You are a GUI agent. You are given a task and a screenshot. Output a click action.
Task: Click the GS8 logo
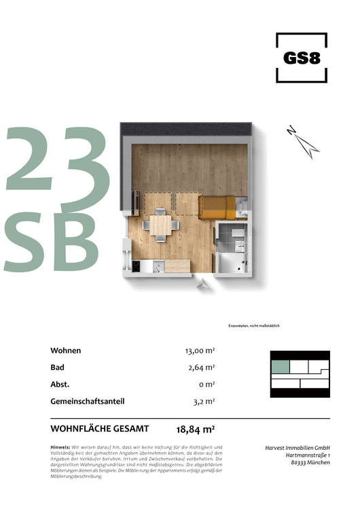point(302,58)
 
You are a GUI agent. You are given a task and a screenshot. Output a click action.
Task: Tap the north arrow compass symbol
point(302,139)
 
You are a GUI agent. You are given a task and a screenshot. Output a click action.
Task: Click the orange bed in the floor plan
point(221,206)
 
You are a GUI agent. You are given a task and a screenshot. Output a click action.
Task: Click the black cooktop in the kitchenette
point(135,265)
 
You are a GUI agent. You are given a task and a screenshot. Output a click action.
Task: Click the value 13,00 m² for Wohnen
point(200,351)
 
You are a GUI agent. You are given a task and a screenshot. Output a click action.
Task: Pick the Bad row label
point(57,368)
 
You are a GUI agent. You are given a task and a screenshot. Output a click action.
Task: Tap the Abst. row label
point(60,384)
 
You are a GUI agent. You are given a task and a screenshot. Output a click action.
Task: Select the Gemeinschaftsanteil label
point(87,401)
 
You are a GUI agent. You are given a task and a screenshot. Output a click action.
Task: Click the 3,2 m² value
point(204,401)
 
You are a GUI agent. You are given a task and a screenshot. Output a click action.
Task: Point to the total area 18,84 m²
point(196,429)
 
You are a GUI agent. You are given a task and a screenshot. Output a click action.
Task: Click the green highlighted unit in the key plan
point(280,367)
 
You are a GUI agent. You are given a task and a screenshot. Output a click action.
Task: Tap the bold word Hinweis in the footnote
point(60,447)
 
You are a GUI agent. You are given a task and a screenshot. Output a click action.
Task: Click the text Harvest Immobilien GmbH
point(297,447)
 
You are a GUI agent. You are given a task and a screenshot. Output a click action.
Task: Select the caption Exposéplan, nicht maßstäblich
point(254,326)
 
